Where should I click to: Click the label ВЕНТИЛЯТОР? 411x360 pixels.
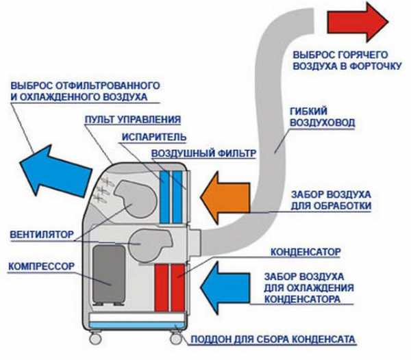coord(41,233)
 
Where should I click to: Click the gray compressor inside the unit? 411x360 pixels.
coord(108,274)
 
